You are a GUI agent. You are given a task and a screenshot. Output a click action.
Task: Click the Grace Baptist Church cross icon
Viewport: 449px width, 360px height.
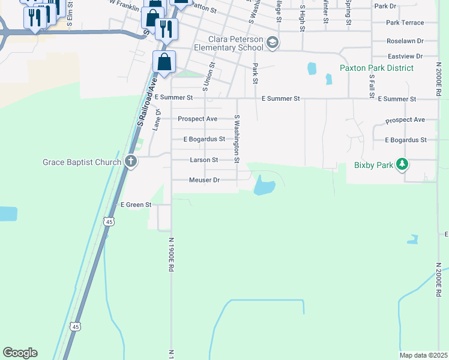pos(131,161)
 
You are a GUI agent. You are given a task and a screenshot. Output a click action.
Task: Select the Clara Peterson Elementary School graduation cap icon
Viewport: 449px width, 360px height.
pos(273,42)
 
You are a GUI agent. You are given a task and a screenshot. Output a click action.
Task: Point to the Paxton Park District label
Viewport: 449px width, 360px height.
pos(376,68)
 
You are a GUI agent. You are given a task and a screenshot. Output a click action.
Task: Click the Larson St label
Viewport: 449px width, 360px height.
pos(203,160)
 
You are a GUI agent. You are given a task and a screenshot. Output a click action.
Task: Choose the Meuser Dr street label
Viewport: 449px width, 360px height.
pos(204,180)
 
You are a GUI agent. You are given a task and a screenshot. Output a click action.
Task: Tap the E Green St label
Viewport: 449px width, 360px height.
pos(136,205)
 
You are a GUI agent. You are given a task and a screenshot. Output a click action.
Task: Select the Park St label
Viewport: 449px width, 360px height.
pos(255,73)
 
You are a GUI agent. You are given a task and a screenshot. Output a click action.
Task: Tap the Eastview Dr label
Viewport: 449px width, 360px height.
pos(405,56)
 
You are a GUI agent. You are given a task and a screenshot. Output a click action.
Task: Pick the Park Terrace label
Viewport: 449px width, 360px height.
pos(405,23)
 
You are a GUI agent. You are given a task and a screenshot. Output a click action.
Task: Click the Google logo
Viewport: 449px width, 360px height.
pos(20,353)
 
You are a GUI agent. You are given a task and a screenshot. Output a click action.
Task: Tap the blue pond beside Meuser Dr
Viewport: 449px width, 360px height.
pos(264,185)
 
